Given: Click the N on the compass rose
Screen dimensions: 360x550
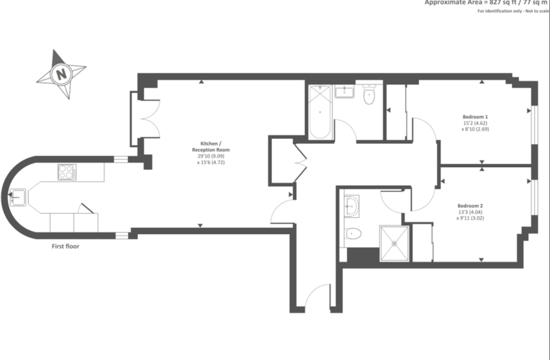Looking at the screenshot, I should (62, 73).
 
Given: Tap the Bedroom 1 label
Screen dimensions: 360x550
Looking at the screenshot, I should (475, 117).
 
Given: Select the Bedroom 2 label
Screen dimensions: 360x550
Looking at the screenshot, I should (470, 206).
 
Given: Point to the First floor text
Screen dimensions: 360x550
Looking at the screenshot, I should (66, 246).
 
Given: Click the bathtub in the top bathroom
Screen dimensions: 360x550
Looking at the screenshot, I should (320, 112).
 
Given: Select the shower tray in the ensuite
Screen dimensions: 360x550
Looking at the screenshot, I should (394, 242).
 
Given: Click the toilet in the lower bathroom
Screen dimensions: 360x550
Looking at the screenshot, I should (353, 234).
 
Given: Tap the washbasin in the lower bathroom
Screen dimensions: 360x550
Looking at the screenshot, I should (350, 206).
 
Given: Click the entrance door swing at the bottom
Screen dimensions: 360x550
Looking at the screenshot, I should (317, 297).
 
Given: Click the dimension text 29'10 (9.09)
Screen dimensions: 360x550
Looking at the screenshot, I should (211, 156).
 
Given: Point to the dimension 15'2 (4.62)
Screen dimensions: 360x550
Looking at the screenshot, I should (475, 123).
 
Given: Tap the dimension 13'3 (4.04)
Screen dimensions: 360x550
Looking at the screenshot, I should (470, 212).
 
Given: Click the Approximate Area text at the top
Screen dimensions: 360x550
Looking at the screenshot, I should (487, 3).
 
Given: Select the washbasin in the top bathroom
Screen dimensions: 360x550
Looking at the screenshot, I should (345, 91).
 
